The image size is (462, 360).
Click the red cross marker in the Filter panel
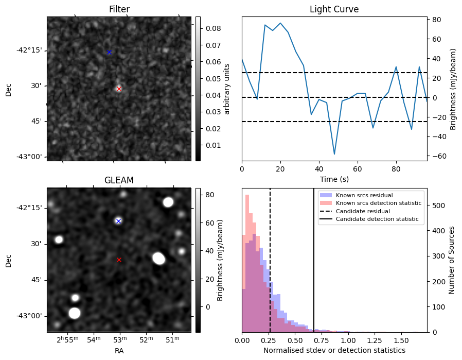[119, 89]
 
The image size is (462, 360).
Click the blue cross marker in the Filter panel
[109, 52]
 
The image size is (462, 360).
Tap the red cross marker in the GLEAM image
[119, 260]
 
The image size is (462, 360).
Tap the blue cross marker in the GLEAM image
[118, 221]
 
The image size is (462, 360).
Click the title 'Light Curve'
[334, 9]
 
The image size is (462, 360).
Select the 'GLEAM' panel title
[119, 180]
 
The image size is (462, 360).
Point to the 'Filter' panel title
[119, 9]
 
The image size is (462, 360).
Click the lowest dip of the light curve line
[334, 154]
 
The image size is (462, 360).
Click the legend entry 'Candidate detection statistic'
[377, 219]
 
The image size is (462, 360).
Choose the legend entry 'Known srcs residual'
[364, 195]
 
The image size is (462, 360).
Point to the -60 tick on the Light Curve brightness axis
[436, 156]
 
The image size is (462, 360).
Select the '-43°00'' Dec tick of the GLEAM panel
[29, 316]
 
